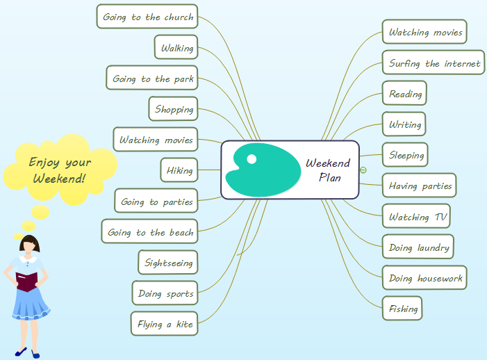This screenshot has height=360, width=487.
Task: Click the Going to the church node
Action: pyautogui.click(x=148, y=17)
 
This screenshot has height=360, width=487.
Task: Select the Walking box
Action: pyautogui.click(x=176, y=48)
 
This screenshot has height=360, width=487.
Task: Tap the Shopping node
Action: pyautogui.click(x=174, y=109)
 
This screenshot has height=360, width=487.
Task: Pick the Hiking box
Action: pyautogui.click(x=179, y=170)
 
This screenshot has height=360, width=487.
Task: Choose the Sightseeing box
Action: pyautogui.click(x=168, y=263)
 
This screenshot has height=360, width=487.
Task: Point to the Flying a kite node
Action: pyautogui.click(x=165, y=324)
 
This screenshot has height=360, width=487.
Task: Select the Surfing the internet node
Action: pyautogui.click(x=434, y=63)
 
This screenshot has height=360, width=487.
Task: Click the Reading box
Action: pyautogui.click(x=405, y=94)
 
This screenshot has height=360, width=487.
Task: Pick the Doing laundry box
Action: pyautogui.click(x=419, y=247)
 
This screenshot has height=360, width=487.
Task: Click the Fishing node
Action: pyautogui.click(x=403, y=308)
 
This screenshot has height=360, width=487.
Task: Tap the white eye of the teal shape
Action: pyautogui.click(x=251, y=159)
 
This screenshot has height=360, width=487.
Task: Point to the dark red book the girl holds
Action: pyautogui.click(x=28, y=281)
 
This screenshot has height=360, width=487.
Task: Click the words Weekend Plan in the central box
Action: pyautogui.click(x=329, y=170)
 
